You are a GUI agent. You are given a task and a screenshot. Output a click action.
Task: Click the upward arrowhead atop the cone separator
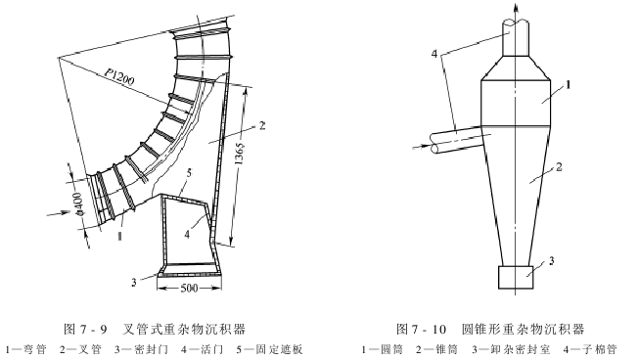[x=514, y=9]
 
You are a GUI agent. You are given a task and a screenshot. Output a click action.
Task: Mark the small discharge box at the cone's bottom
[x=514, y=278]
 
